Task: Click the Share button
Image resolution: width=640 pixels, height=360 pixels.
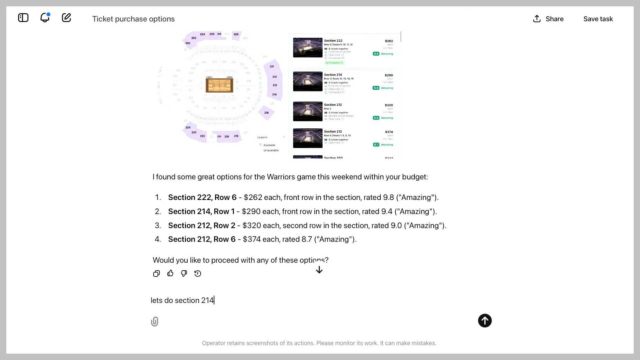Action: [548, 19]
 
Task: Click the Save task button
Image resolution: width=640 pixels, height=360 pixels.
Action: [598, 19]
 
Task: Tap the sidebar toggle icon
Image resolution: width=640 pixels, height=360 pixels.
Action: [23, 18]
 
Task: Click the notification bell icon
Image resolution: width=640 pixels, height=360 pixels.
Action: [45, 18]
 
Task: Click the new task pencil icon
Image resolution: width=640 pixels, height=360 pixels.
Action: [66, 18]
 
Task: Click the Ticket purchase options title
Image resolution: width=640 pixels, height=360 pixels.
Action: [133, 19]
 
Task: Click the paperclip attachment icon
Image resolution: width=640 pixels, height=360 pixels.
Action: [155, 322]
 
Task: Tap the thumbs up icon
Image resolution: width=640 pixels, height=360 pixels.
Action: [170, 273]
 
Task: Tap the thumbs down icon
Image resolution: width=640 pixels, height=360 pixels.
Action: [184, 273]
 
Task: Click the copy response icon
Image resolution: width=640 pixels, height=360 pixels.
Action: [156, 274]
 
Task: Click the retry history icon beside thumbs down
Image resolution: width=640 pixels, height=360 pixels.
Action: [198, 274]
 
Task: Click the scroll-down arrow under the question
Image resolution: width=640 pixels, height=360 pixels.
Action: [319, 270]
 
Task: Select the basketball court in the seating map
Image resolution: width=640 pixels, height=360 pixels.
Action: [219, 85]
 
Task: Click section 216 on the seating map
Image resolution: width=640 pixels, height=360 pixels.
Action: [266, 113]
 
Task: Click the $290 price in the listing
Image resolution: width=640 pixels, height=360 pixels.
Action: [389, 75]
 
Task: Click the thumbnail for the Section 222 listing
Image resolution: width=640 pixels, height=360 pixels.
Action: [308, 48]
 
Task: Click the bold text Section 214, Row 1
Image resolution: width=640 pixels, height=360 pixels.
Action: [201, 211]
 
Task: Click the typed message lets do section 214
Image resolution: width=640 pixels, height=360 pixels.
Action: [182, 300]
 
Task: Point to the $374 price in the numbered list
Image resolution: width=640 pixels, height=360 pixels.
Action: [252, 239]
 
